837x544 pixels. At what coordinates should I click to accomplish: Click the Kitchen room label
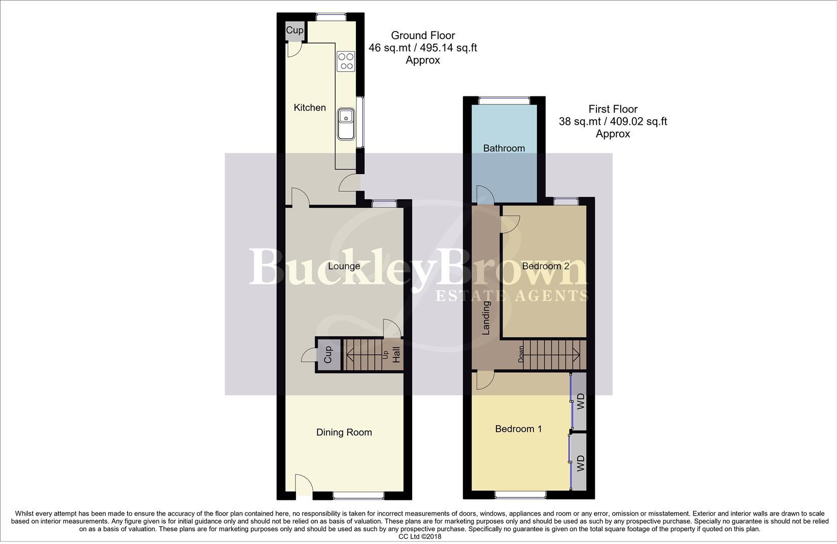310,108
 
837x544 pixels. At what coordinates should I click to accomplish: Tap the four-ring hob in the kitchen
346,61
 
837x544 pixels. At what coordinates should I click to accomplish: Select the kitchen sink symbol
347,123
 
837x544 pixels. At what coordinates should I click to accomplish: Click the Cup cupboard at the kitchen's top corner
294,30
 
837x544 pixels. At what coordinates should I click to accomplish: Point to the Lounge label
344,266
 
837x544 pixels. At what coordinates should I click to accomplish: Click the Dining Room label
344,432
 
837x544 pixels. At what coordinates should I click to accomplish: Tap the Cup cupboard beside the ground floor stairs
327,354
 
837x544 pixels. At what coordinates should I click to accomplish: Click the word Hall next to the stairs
396,354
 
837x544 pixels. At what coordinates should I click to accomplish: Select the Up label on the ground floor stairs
385,354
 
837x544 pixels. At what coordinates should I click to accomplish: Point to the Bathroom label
504,148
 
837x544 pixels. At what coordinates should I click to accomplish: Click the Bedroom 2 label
545,266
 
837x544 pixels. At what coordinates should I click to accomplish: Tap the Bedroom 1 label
518,429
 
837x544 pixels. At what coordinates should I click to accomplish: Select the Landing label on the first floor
486,318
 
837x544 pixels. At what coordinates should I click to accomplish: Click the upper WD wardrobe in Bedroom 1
580,401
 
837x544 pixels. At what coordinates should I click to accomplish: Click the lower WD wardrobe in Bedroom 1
580,463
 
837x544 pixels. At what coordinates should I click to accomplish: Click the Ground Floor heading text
422,36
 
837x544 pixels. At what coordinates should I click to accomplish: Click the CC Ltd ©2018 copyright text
419,536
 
